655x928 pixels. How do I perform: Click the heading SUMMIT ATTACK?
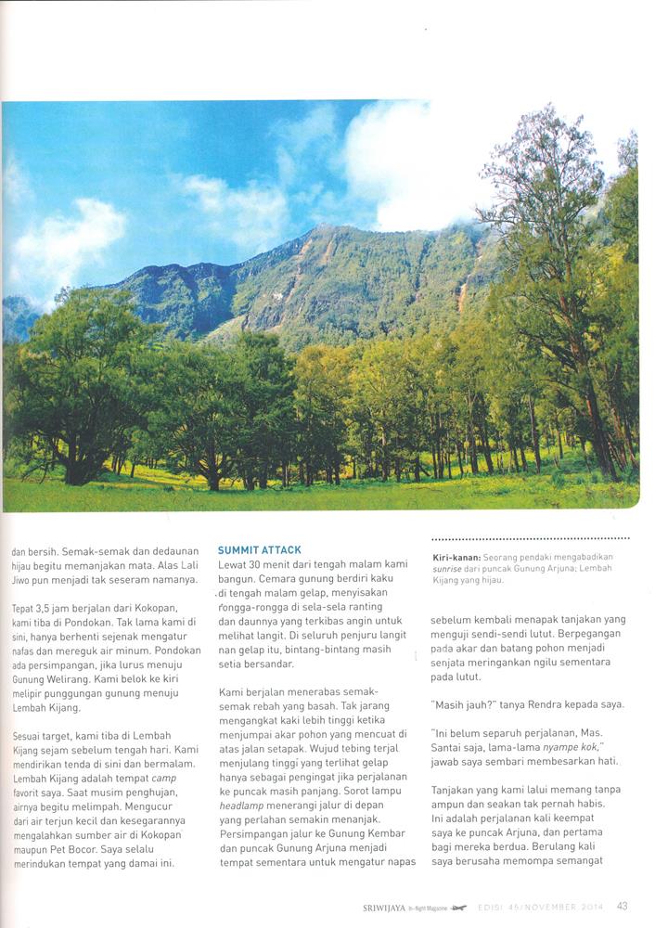pyautogui.click(x=260, y=550)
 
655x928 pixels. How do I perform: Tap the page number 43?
pyautogui.click(x=623, y=907)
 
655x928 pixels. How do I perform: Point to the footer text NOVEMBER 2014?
pyautogui.click(x=561, y=908)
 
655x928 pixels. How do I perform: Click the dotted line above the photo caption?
pyautogui.click(x=531, y=538)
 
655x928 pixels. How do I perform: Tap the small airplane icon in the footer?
pyautogui.click(x=458, y=908)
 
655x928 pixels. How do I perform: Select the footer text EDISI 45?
pyautogui.click(x=501, y=908)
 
